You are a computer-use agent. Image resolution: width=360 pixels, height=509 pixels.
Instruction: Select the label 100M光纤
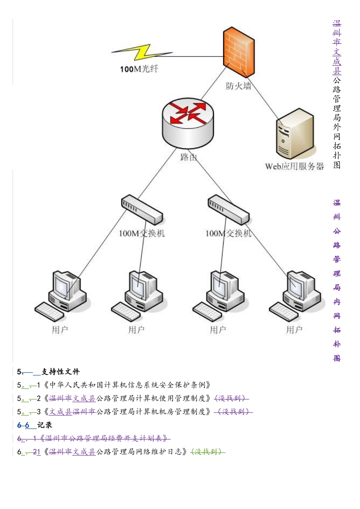(139, 69)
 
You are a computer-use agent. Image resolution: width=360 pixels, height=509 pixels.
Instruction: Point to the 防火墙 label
(238, 86)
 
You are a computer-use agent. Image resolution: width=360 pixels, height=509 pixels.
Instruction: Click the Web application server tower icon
(295, 134)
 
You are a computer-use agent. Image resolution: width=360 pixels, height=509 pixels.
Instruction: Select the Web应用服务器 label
(294, 167)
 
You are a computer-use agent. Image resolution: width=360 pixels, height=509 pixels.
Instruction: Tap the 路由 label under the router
(188, 157)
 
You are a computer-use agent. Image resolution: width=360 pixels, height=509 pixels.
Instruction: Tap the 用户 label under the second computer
(136, 330)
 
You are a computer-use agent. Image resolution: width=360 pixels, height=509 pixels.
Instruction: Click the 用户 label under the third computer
(218, 330)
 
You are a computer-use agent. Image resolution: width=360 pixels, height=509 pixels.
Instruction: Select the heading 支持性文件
(61, 372)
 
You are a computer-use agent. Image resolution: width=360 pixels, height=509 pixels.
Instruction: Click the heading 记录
(45, 425)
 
